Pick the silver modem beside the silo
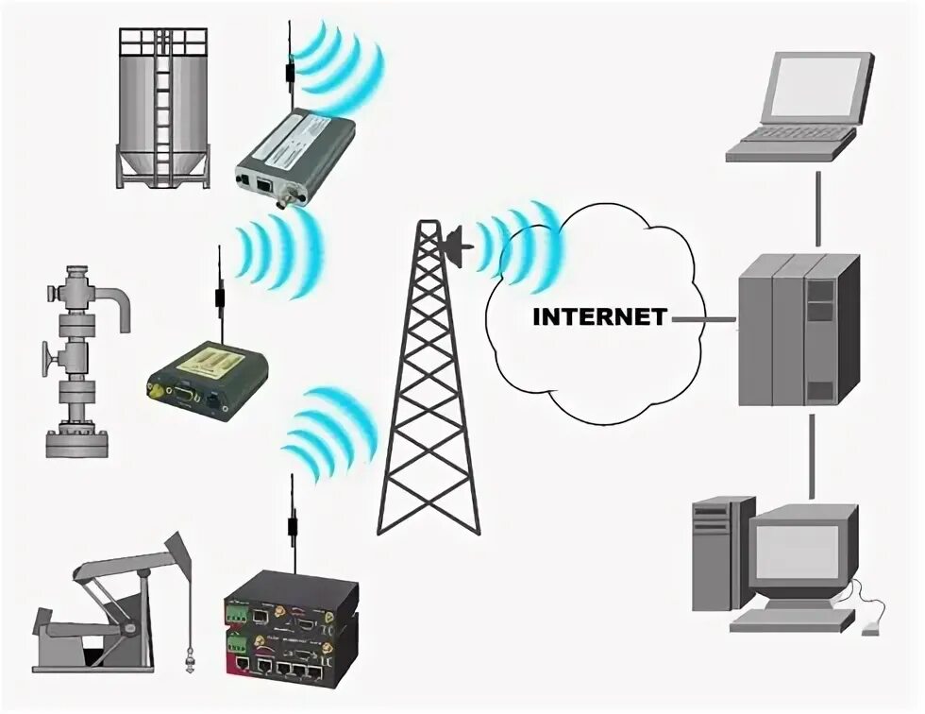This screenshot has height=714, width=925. click(294, 151)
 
